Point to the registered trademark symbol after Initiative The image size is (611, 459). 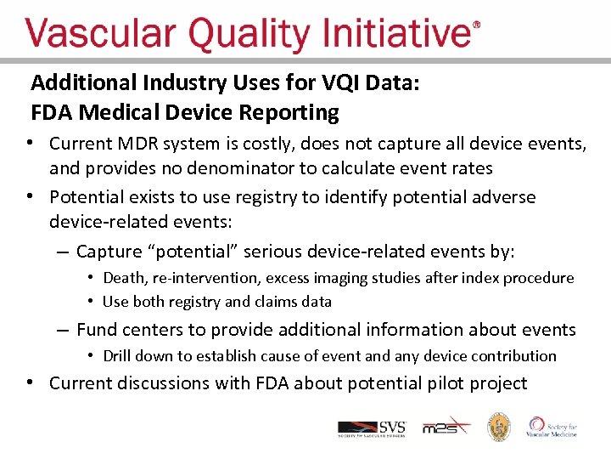(x=476, y=25)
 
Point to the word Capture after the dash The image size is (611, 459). (x=108, y=252)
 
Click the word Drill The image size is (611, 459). (x=120, y=356)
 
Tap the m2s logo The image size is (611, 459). (x=446, y=427)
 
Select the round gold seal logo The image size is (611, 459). (x=498, y=427)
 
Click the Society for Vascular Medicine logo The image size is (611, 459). (x=552, y=427)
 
